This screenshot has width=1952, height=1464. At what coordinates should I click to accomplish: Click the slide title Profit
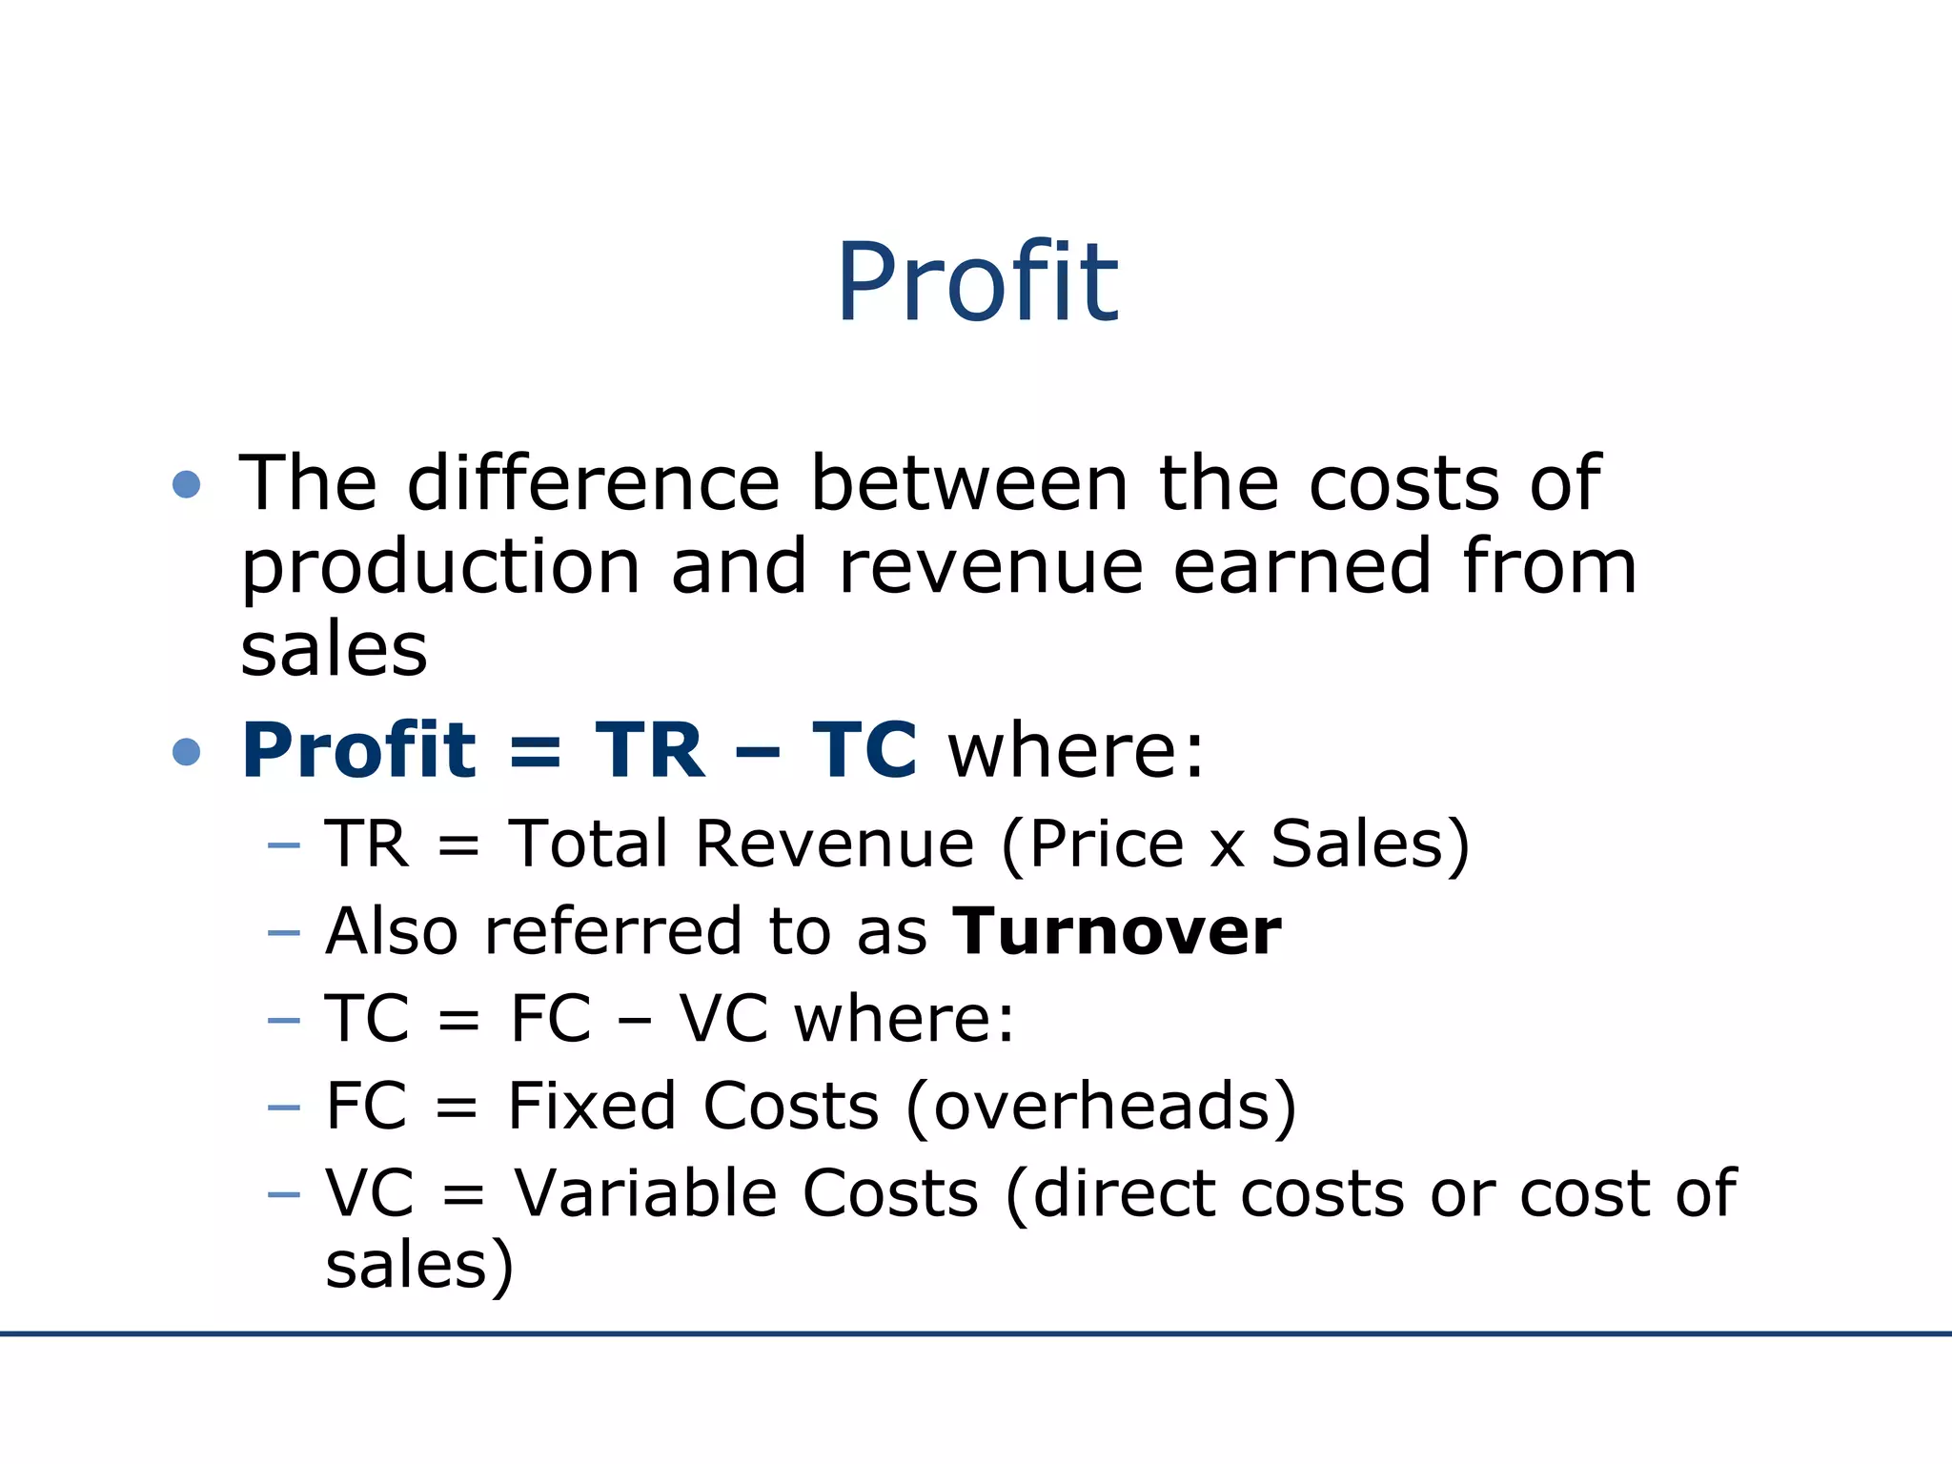point(977,282)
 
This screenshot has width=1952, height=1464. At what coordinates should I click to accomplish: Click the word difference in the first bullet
point(594,483)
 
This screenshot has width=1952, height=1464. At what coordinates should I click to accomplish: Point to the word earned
point(1302,566)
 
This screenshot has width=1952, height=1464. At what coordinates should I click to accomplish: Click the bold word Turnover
point(1117,931)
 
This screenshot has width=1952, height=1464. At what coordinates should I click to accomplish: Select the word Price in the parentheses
point(1106,844)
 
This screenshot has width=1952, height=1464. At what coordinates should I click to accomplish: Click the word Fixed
point(591,1106)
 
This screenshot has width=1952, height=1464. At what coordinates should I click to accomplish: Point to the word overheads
point(1102,1106)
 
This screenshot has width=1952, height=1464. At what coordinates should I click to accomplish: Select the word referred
point(613,931)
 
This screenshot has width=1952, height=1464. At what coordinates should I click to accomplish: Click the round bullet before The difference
point(187,484)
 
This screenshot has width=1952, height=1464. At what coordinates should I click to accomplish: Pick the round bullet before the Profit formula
point(187,752)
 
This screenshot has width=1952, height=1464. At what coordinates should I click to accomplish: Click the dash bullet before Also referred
point(284,932)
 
